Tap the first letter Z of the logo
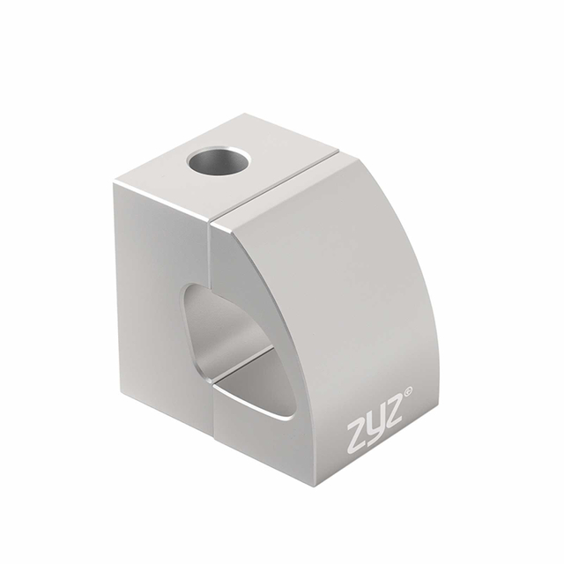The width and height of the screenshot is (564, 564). click(358, 437)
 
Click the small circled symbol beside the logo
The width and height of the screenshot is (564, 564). click(408, 391)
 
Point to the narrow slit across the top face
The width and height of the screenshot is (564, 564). click(274, 185)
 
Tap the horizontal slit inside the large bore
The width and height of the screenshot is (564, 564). click(243, 363)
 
